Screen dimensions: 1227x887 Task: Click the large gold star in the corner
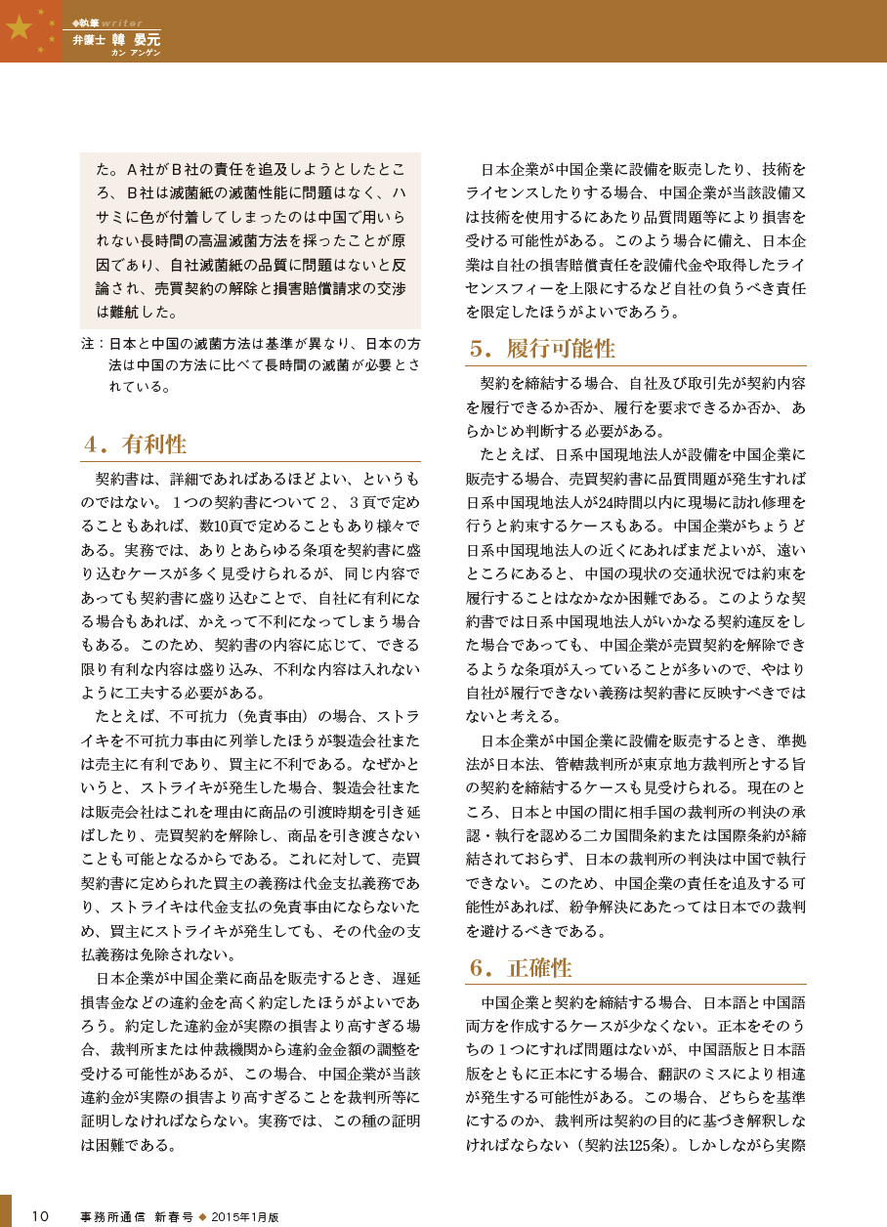19,28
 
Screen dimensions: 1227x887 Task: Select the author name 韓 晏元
135,40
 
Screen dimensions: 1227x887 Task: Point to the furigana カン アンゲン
136,53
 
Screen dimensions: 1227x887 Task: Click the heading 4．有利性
134,444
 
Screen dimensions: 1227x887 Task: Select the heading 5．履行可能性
541,349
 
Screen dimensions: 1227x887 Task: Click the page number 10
40,1216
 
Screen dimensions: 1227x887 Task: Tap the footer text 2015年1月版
246,1217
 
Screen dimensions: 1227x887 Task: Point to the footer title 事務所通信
112,1217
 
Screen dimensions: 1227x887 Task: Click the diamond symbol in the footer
203,1217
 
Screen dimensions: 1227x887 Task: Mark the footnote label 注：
93,345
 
